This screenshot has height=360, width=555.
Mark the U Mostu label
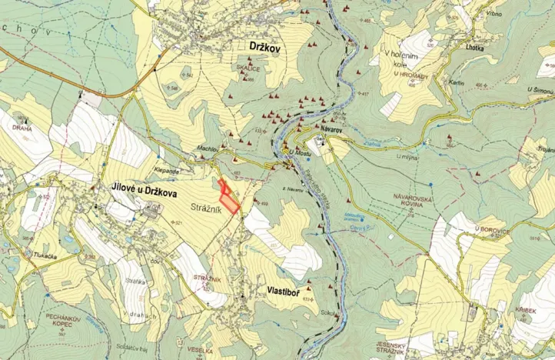pyautogui.click(x=298, y=152)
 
